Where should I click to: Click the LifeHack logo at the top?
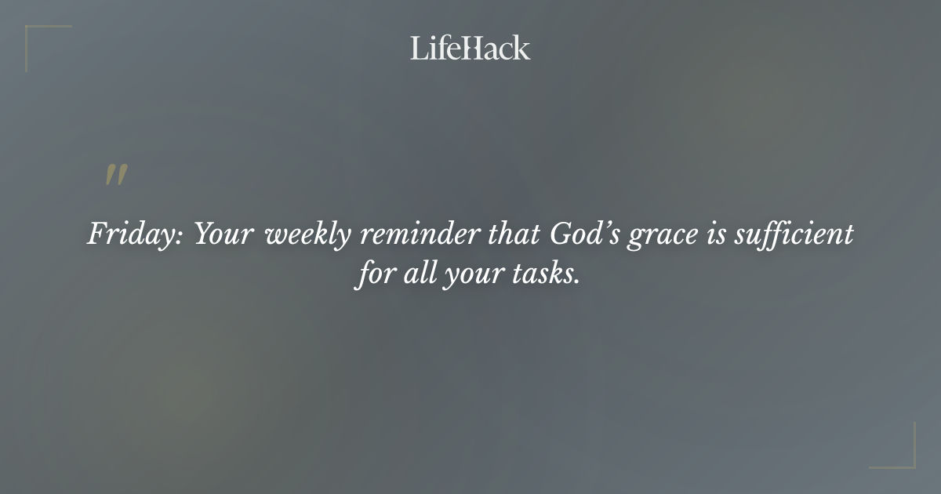click(x=470, y=48)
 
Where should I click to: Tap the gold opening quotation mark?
click(x=116, y=176)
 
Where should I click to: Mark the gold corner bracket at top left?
click(x=35, y=35)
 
